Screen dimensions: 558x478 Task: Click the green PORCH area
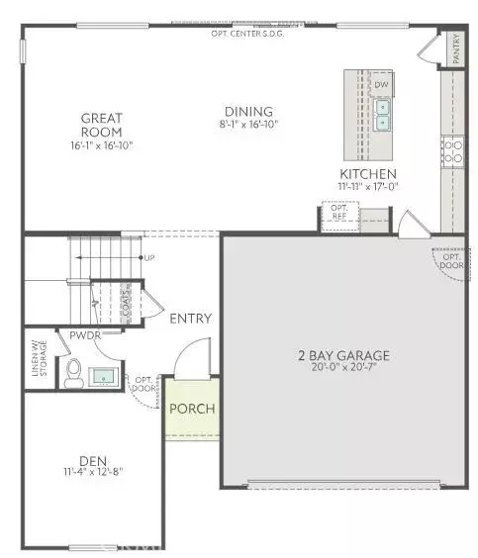192,409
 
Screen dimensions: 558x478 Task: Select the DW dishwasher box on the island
381,85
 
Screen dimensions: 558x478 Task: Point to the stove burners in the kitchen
451,150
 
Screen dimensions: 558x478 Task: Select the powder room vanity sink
102,376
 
